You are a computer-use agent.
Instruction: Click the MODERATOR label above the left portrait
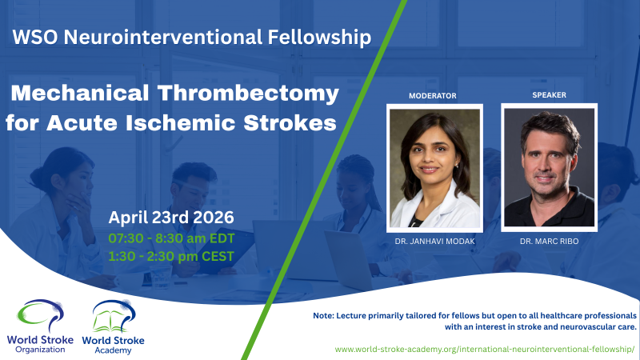coord(432,96)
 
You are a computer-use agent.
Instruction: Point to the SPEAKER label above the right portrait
coord(548,95)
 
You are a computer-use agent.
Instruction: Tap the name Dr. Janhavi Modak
coord(433,241)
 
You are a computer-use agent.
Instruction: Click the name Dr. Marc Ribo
coord(548,241)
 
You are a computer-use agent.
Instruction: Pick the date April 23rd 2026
coord(170,217)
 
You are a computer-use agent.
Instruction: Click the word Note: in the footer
coord(325,317)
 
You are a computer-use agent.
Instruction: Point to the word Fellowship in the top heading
coord(327,37)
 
